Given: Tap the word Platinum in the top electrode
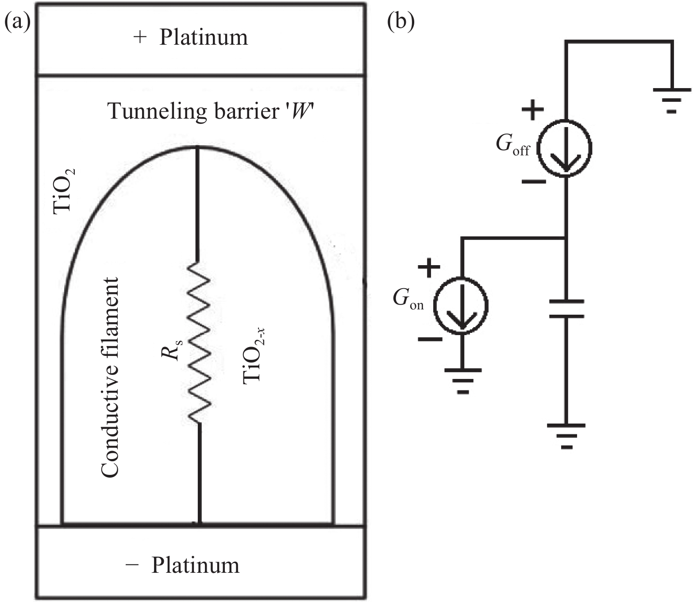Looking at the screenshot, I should tap(204, 37).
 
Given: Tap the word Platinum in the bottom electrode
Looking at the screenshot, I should tap(195, 565).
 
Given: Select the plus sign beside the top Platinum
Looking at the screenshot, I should tap(139, 37).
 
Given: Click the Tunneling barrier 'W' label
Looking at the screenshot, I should tap(212, 112).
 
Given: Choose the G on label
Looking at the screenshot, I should tap(408, 300).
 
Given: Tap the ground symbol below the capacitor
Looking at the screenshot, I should tap(566, 436).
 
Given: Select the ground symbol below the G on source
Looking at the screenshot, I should tap(462, 381).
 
